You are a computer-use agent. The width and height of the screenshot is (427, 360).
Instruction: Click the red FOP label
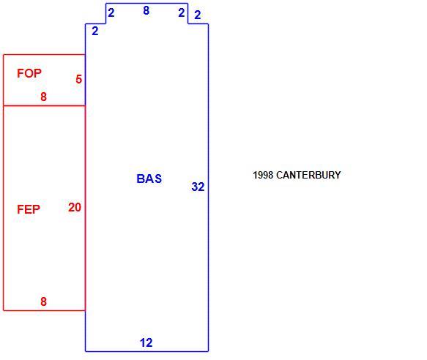point(29,73)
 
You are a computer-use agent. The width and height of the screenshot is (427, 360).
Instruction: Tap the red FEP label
point(29,209)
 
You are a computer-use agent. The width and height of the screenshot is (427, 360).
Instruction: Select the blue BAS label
point(149,179)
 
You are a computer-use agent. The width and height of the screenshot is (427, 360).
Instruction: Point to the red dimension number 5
point(78,79)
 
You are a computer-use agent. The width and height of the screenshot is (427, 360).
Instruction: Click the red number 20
point(75,207)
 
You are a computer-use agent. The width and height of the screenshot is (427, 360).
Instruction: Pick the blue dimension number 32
point(198,187)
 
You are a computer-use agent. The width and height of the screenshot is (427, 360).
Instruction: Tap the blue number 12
point(146,342)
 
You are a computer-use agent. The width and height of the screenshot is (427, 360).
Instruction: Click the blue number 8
point(146,11)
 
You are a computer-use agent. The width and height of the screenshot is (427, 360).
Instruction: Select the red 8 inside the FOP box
point(43,97)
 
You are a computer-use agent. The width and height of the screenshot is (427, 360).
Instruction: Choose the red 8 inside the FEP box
point(43,301)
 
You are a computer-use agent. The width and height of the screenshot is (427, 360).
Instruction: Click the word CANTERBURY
point(308,175)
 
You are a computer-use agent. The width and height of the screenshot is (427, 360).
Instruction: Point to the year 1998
point(263,175)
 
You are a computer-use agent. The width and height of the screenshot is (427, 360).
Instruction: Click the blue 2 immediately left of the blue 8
point(111,12)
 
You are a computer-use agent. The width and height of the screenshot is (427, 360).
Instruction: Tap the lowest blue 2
point(95,31)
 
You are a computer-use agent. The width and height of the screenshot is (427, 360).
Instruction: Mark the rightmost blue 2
point(198,15)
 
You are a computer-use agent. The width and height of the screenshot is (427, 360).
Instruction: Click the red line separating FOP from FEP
point(44,105)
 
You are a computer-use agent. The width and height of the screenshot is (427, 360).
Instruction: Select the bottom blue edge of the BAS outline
point(146,351)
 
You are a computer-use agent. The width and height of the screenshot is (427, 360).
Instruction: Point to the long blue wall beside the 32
point(208,187)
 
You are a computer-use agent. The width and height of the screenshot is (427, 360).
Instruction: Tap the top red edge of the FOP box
point(44,55)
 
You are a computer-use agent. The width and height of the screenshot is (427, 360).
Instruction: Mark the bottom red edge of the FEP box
point(44,310)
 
